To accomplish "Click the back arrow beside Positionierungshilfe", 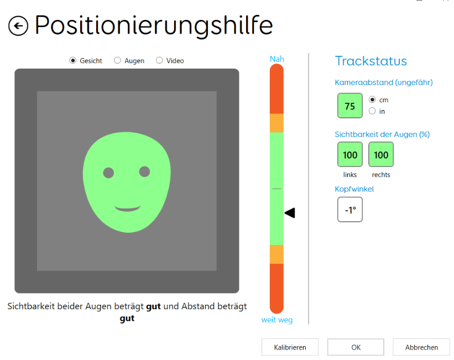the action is click(18, 26).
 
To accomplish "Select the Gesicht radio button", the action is click(72, 60).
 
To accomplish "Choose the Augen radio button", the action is click(117, 60).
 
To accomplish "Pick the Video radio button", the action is click(159, 60).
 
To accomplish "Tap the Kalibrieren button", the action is click(290, 347).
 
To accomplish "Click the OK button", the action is click(356, 347).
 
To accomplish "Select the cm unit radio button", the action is click(372, 100).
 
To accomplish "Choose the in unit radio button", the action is click(372, 111).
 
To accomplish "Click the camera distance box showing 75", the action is click(350, 106).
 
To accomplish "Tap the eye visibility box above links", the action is click(350, 154).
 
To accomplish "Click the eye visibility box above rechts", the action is click(381, 154).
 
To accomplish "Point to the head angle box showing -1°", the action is click(350, 210).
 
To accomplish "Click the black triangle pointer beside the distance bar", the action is click(290, 213).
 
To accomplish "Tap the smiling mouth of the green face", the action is click(127, 208).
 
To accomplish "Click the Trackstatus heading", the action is click(371, 61).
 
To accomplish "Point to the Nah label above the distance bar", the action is click(277, 59).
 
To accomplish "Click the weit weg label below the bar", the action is click(277, 320).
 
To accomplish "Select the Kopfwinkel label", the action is click(354, 189).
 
